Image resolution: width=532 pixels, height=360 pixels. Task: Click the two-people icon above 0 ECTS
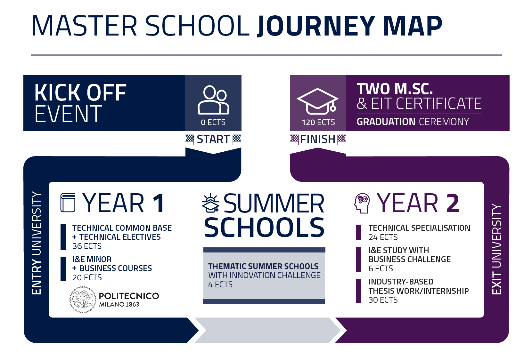click(x=213, y=100)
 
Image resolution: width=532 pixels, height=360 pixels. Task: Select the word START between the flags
click(x=213, y=139)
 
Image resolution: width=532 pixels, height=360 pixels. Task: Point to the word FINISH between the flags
click(x=318, y=139)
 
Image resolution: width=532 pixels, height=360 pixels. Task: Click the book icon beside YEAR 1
click(x=68, y=203)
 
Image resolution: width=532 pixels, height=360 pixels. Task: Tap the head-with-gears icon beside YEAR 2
click(x=362, y=203)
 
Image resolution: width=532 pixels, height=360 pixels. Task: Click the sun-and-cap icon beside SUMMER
click(x=210, y=204)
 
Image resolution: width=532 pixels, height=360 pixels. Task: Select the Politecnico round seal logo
click(x=82, y=300)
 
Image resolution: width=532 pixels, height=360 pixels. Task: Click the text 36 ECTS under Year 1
click(x=87, y=246)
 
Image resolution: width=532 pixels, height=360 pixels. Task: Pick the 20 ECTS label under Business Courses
click(x=87, y=277)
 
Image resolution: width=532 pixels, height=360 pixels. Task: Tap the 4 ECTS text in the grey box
click(x=220, y=284)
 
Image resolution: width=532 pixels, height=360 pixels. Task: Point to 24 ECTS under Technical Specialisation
click(x=383, y=237)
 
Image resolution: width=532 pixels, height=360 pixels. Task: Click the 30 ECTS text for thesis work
click(x=383, y=300)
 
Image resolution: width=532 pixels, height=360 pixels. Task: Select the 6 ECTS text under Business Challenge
click(x=381, y=268)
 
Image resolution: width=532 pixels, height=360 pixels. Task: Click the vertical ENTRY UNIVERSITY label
click(x=36, y=243)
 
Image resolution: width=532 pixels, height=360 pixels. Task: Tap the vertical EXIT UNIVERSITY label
click(x=497, y=249)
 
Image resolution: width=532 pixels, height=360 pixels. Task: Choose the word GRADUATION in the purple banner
click(x=386, y=122)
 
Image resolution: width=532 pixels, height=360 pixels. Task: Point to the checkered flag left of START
click(x=190, y=139)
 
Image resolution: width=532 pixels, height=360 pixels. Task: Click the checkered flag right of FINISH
click(x=341, y=139)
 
